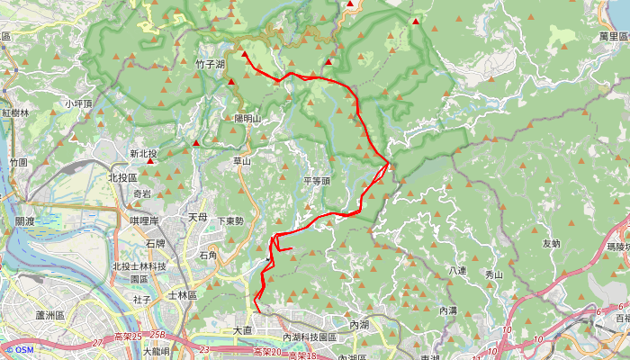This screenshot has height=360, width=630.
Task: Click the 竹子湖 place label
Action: point(211,65)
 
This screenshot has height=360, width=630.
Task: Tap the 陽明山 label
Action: point(247,119)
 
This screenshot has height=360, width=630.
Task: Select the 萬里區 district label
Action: point(613,36)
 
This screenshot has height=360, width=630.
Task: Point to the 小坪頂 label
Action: point(79,104)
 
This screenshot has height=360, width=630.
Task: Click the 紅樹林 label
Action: point(15,113)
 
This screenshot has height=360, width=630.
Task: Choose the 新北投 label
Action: point(143,154)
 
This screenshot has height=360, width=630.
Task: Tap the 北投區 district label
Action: point(122,178)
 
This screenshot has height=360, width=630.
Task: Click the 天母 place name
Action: point(197,218)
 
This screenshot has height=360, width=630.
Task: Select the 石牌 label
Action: point(155,244)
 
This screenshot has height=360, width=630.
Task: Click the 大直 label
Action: point(243,330)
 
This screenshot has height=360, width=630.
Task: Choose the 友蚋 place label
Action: point(552,243)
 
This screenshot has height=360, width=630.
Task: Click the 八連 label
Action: point(456,271)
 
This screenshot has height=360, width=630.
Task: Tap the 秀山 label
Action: point(494,274)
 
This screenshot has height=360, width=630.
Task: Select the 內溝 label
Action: point(448,310)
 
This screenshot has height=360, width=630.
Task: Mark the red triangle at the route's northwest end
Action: point(245,55)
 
